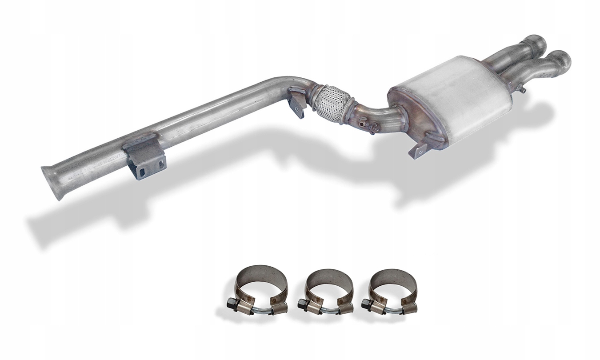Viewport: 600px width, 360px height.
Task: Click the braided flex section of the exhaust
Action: [x=330, y=103]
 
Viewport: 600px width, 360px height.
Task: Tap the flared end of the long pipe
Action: [x=51, y=182]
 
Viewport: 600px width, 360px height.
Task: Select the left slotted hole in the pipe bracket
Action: [x=141, y=172]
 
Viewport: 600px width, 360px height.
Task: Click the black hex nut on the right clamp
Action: [x=366, y=304]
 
